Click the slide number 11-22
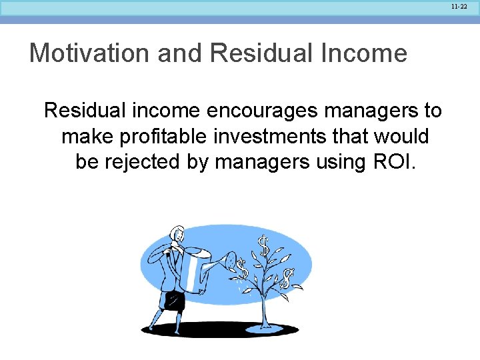click(x=459, y=6)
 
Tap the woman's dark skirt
click(x=175, y=301)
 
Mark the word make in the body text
click(x=84, y=136)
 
